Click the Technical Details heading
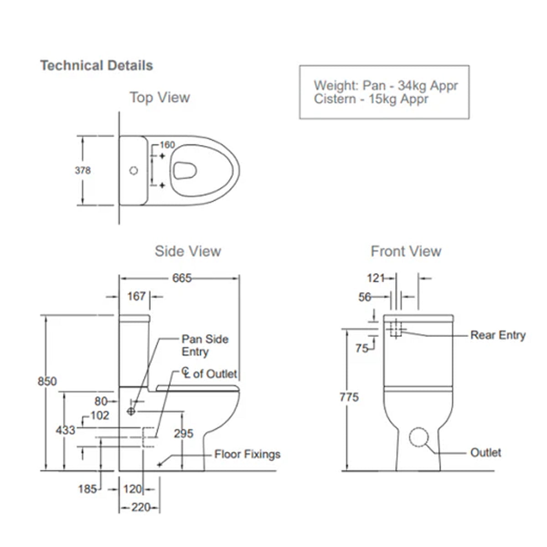(x=97, y=66)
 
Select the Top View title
(x=160, y=98)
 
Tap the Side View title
(x=188, y=251)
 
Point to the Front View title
(x=406, y=251)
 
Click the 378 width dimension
(x=83, y=170)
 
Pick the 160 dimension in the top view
(x=167, y=145)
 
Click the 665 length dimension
(x=182, y=278)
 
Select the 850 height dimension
(x=47, y=381)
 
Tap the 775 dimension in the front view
(x=349, y=397)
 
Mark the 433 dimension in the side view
(x=65, y=430)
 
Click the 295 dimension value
(x=183, y=433)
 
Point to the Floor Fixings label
(x=247, y=454)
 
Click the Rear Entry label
(x=498, y=335)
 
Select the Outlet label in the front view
(x=485, y=453)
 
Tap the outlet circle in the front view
(x=419, y=437)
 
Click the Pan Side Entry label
(x=205, y=346)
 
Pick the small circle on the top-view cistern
(x=134, y=171)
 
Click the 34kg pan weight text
(x=413, y=86)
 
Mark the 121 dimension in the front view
(x=376, y=278)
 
